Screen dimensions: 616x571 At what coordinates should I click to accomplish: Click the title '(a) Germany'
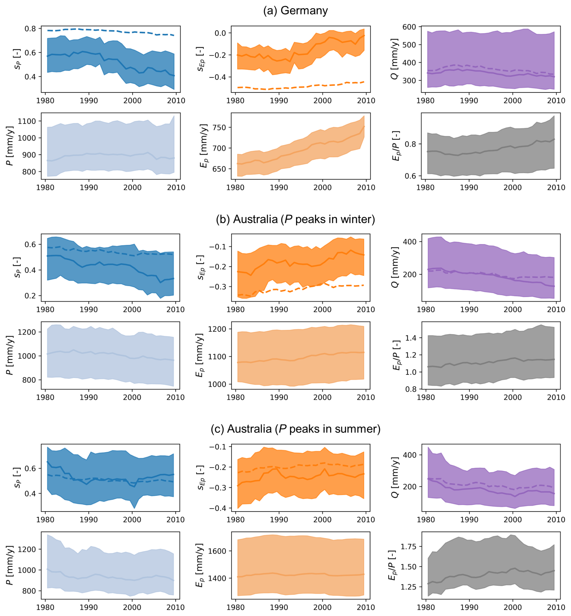coord(295,11)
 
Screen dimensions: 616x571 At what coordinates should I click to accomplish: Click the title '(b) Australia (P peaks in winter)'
coord(295,219)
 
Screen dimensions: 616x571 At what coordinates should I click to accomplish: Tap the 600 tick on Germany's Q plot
coord(409,27)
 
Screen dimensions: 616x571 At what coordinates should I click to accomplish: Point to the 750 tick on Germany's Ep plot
coord(219,127)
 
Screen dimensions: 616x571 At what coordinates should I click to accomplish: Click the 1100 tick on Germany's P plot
coord(27,121)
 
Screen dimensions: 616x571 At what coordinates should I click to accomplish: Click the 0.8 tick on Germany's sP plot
coord(30,28)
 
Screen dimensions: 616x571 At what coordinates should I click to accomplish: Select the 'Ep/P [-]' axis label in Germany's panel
coord(395,146)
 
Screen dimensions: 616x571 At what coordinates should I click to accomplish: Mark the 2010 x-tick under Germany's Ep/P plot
coord(556,187)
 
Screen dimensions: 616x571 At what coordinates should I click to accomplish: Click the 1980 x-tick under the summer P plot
coord(45,607)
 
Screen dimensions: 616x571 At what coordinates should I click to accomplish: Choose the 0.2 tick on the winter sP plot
coord(30,296)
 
